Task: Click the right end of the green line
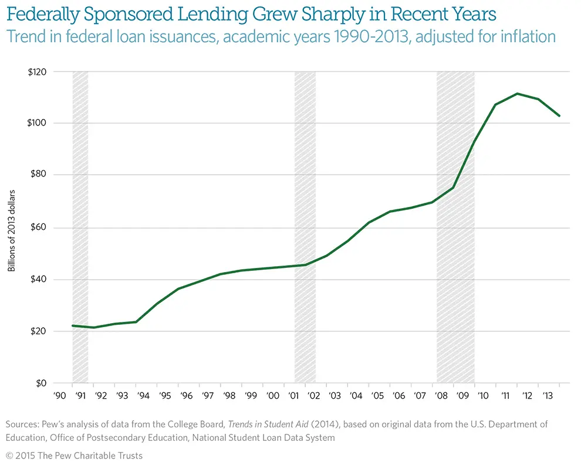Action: pos(560,116)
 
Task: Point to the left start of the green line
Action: pos(72,325)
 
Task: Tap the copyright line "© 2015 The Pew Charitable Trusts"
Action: pos(74,455)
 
